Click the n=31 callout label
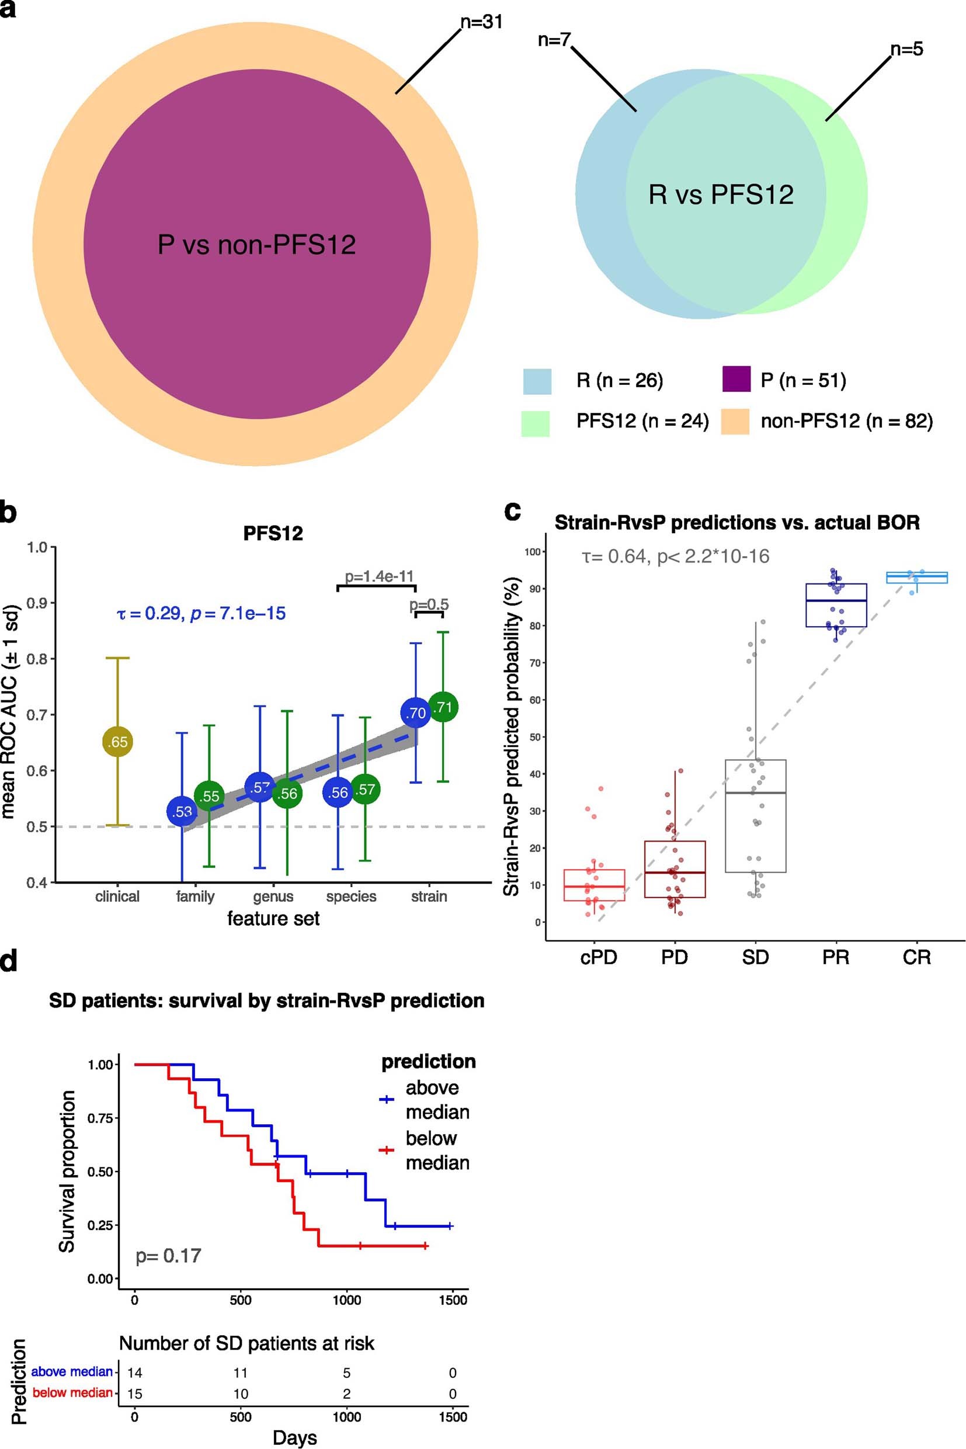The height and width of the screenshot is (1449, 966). [481, 22]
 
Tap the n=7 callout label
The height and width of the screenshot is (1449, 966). [554, 40]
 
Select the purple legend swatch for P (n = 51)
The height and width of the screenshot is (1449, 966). [736, 379]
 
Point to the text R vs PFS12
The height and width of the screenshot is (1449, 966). [721, 194]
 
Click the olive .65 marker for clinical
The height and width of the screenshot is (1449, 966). [117, 742]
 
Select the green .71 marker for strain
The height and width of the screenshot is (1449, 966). [443, 707]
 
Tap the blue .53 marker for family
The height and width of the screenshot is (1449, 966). [182, 811]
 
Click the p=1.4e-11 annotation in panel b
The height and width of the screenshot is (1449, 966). [379, 576]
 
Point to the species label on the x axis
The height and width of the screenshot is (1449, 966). [350, 896]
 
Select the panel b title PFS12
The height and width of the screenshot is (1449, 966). [273, 533]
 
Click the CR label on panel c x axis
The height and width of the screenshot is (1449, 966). [916, 957]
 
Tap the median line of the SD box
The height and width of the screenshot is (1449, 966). [755, 793]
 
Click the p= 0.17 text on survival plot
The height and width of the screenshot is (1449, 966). [168, 1256]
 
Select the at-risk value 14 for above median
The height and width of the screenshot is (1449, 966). [134, 1372]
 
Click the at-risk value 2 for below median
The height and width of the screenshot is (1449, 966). [346, 1394]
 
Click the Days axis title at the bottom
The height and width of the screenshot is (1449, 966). [294, 1438]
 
